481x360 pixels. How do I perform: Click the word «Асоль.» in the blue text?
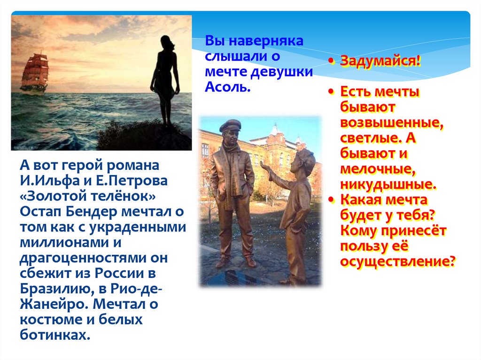click(228, 87)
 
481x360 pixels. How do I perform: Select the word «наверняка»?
click(266, 41)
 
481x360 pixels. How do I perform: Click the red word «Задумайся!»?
click(380, 61)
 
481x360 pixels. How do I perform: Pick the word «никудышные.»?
click(388, 184)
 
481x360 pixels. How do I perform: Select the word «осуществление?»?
click(397, 261)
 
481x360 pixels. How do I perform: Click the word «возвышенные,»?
click(392, 123)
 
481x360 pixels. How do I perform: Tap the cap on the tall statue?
click(230, 125)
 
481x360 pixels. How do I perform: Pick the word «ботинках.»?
click(55, 335)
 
